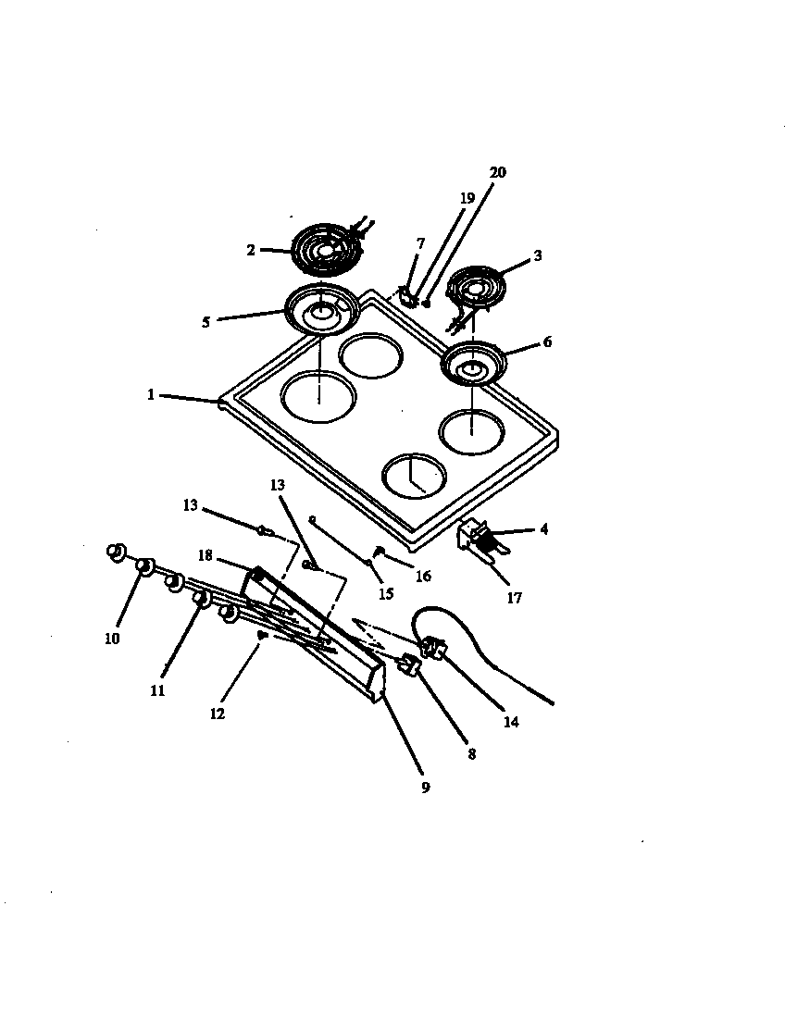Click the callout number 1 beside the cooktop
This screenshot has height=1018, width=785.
pos(150,394)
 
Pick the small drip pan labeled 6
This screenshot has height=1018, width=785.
pos(473,365)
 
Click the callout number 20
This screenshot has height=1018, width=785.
pos(498,173)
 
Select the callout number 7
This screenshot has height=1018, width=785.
pos(420,243)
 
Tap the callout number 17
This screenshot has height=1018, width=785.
pos(514,598)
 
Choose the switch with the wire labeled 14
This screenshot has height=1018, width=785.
pos(431,648)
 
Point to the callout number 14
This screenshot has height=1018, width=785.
pos(511,722)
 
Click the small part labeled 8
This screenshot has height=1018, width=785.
pos(407,664)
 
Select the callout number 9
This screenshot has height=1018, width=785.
pos(425,788)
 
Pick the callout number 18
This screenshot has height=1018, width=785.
pos(206,555)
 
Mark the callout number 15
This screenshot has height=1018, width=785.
pos(384,593)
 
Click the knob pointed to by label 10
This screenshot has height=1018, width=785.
pos(144,565)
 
